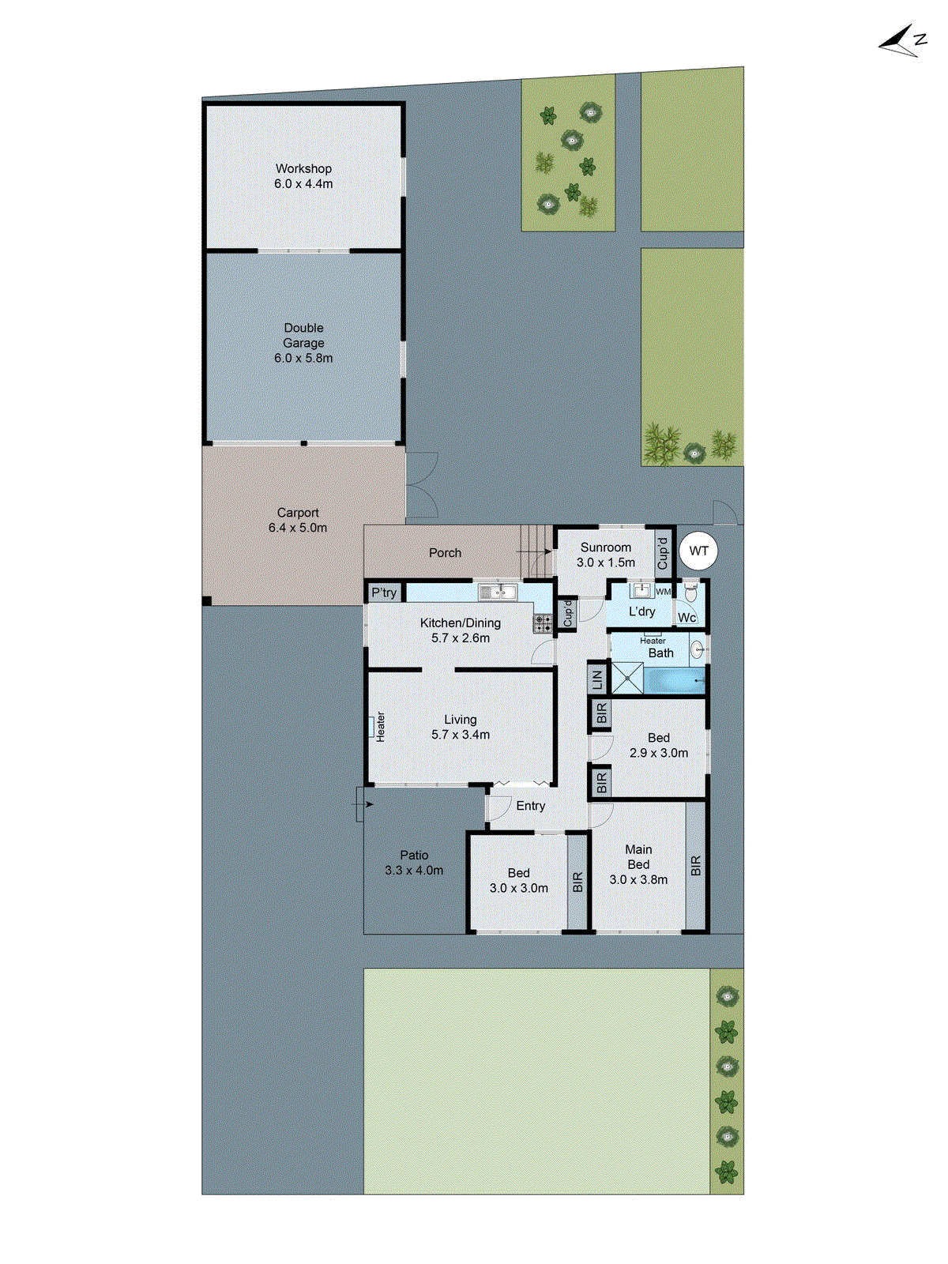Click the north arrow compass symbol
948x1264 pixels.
coord(903,42)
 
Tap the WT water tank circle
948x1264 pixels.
coord(698,551)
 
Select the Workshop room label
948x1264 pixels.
coord(303,168)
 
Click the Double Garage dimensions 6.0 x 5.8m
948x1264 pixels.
coord(303,358)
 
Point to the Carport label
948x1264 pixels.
coord(298,513)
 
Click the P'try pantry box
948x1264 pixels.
coord(385,592)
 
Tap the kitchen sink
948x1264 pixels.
coord(498,592)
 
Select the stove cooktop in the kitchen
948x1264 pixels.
coord(543,624)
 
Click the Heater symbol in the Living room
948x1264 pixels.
coord(370,726)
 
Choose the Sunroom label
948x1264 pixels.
coord(606,547)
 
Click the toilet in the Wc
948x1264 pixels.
coord(690,590)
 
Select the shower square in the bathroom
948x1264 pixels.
coord(628,679)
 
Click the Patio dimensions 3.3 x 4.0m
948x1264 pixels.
coord(414,871)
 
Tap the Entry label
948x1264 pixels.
coord(531,806)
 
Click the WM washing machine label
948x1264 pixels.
coord(663,592)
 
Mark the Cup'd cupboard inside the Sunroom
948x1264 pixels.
coord(663,552)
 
